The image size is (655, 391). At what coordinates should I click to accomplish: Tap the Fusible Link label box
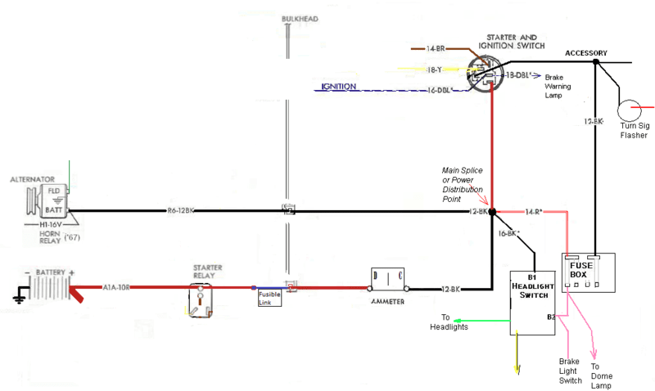[x=269, y=298]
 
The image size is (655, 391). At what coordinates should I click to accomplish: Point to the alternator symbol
[x=43, y=202]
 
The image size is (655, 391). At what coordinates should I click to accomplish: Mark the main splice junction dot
[x=492, y=212]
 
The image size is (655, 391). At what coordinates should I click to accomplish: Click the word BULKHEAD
[x=298, y=19]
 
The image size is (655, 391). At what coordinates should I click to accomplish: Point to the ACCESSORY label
[x=585, y=53]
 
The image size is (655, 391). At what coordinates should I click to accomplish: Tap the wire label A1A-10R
[x=116, y=287]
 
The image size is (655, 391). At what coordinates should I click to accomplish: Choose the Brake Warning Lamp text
[x=566, y=85]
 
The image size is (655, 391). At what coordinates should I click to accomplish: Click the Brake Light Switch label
[x=570, y=371]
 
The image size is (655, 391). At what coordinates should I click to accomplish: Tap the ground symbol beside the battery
[x=17, y=298]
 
